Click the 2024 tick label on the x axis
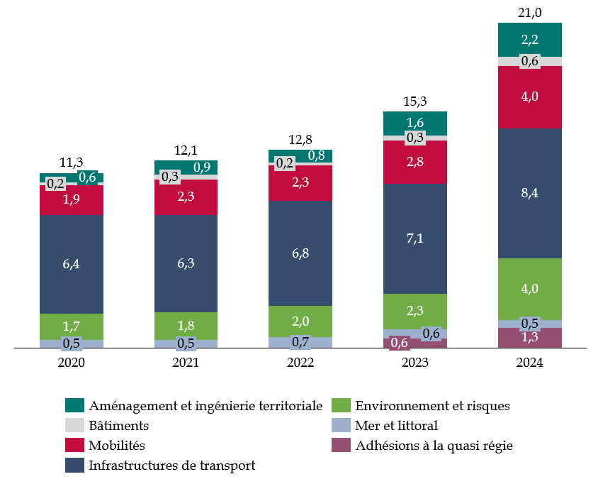click(x=530, y=363)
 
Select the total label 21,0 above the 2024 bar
click(x=530, y=12)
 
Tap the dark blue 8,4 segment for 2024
click(x=530, y=193)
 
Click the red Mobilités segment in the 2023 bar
click(x=415, y=162)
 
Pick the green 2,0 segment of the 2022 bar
click(x=300, y=321)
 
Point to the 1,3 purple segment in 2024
click(x=530, y=338)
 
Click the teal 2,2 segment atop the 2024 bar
click(x=530, y=39)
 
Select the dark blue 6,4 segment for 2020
click(x=71, y=264)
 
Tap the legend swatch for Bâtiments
click(x=74, y=426)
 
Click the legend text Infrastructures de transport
click(x=171, y=466)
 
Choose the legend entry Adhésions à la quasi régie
click(x=434, y=446)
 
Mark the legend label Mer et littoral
click(x=397, y=426)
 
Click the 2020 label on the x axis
click(x=71, y=363)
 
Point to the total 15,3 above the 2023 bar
click(x=415, y=101)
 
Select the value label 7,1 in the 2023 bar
click(x=415, y=238)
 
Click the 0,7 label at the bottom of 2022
click(x=300, y=343)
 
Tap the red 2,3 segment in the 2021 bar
click(x=186, y=197)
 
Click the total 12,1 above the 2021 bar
click(x=186, y=150)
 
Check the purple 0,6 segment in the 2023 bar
click(x=400, y=343)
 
